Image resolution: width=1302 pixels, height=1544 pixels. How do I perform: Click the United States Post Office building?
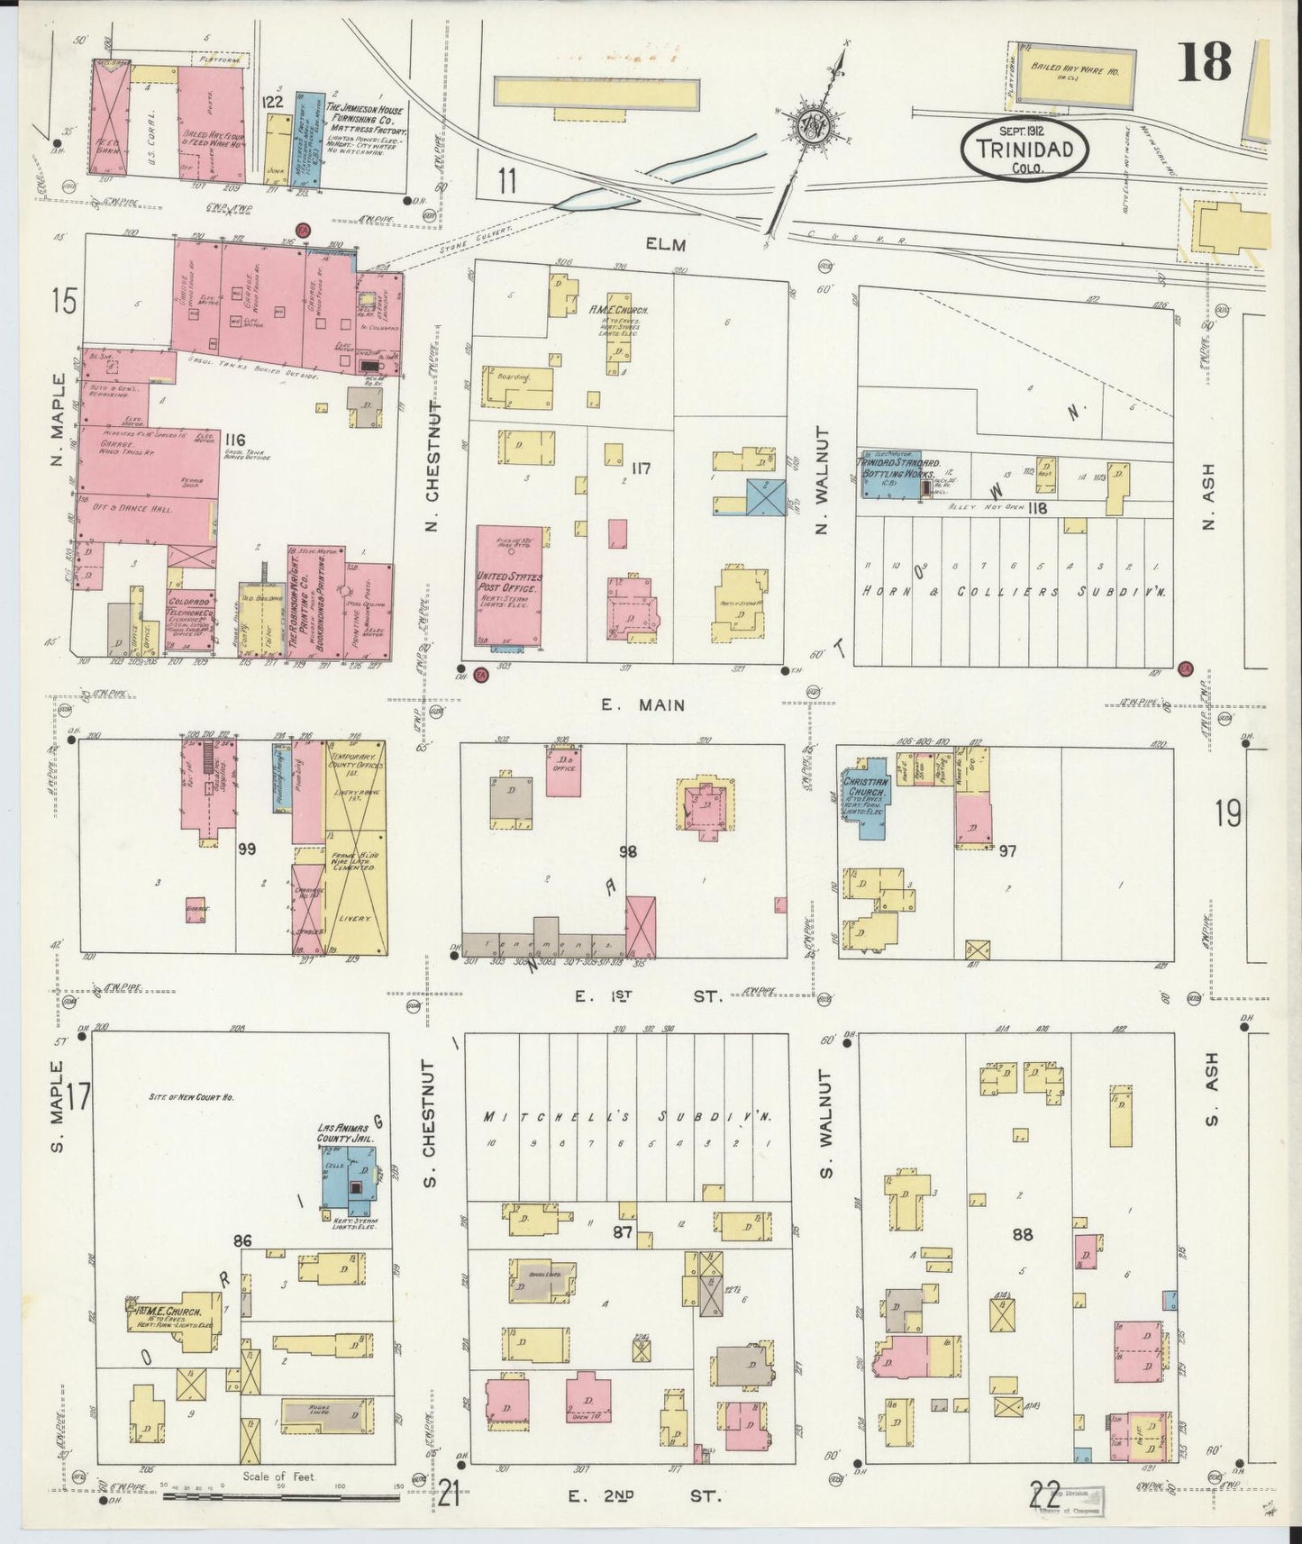509,586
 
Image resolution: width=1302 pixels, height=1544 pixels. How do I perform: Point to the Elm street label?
666,244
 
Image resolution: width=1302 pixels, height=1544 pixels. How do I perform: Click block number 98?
627,850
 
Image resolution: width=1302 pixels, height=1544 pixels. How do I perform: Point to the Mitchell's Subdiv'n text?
628,1117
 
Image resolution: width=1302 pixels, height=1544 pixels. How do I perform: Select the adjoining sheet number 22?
1043,1495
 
